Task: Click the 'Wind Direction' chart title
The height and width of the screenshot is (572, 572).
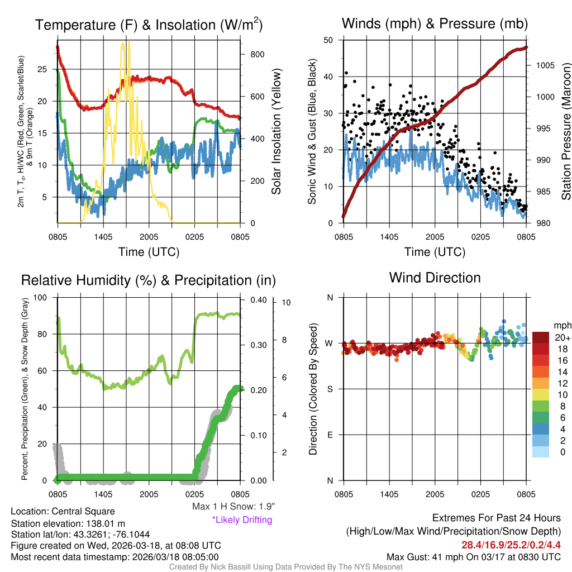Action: (x=435, y=277)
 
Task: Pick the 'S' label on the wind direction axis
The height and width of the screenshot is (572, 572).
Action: (x=330, y=389)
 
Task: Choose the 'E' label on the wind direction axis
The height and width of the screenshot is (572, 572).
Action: (x=330, y=435)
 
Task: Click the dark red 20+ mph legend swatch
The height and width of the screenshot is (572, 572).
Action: (x=541, y=337)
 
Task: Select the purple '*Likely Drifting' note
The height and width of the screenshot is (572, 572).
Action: (x=242, y=520)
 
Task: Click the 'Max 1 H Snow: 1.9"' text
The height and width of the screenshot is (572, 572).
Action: (x=233, y=507)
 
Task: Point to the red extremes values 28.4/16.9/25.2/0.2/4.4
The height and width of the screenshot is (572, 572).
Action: (x=511, y=545)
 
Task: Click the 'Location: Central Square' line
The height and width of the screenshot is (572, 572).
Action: (x=63, y=512)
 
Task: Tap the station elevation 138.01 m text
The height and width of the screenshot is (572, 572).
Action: (x=63, y=523)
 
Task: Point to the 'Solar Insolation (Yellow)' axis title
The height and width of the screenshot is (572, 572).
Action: (x=277, y=132)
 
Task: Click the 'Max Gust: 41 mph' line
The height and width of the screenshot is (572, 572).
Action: (x=474, y=557)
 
